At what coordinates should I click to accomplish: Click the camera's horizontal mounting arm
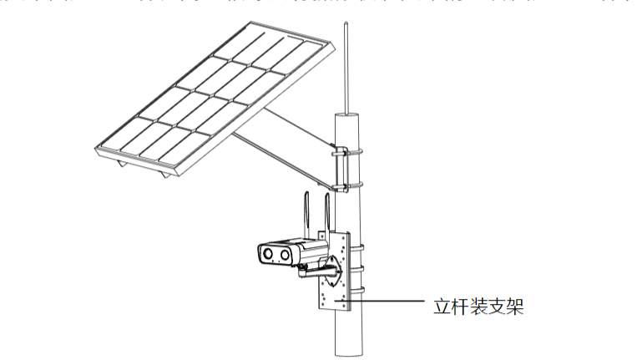click(x=314, y=269)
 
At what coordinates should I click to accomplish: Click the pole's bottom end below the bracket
click(x=349, y=347)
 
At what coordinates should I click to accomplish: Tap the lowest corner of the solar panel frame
click(x=171, y=176)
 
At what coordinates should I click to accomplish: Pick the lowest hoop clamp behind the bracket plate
click(x=358, y=290)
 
